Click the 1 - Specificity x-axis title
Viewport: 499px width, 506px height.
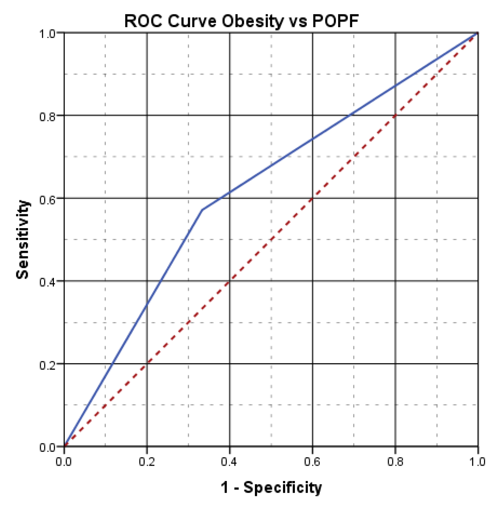pos(271,487)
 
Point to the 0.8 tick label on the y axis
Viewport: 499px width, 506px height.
pos(47,116)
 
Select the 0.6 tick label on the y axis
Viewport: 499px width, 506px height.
pos(47,199)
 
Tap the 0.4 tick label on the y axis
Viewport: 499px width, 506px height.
pos(47,281)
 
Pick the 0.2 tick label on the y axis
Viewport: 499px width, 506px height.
pos(47,364)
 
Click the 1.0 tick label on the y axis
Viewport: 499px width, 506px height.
pos(47,34)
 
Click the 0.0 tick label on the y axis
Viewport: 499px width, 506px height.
pos(47,447)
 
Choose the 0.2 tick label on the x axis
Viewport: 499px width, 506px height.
pos(147,461)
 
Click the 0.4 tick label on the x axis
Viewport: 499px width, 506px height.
pos(230,461)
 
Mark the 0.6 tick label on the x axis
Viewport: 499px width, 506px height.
pos(312,461)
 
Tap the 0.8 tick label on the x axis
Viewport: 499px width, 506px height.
pos(395,461)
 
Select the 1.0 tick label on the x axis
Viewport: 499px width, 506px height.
pos(477,461)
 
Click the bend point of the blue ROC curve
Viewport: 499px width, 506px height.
pos(202,209)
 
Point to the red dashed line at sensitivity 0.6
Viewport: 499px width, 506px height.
pos(313,198)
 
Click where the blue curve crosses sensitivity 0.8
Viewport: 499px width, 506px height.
pos(349,115)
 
